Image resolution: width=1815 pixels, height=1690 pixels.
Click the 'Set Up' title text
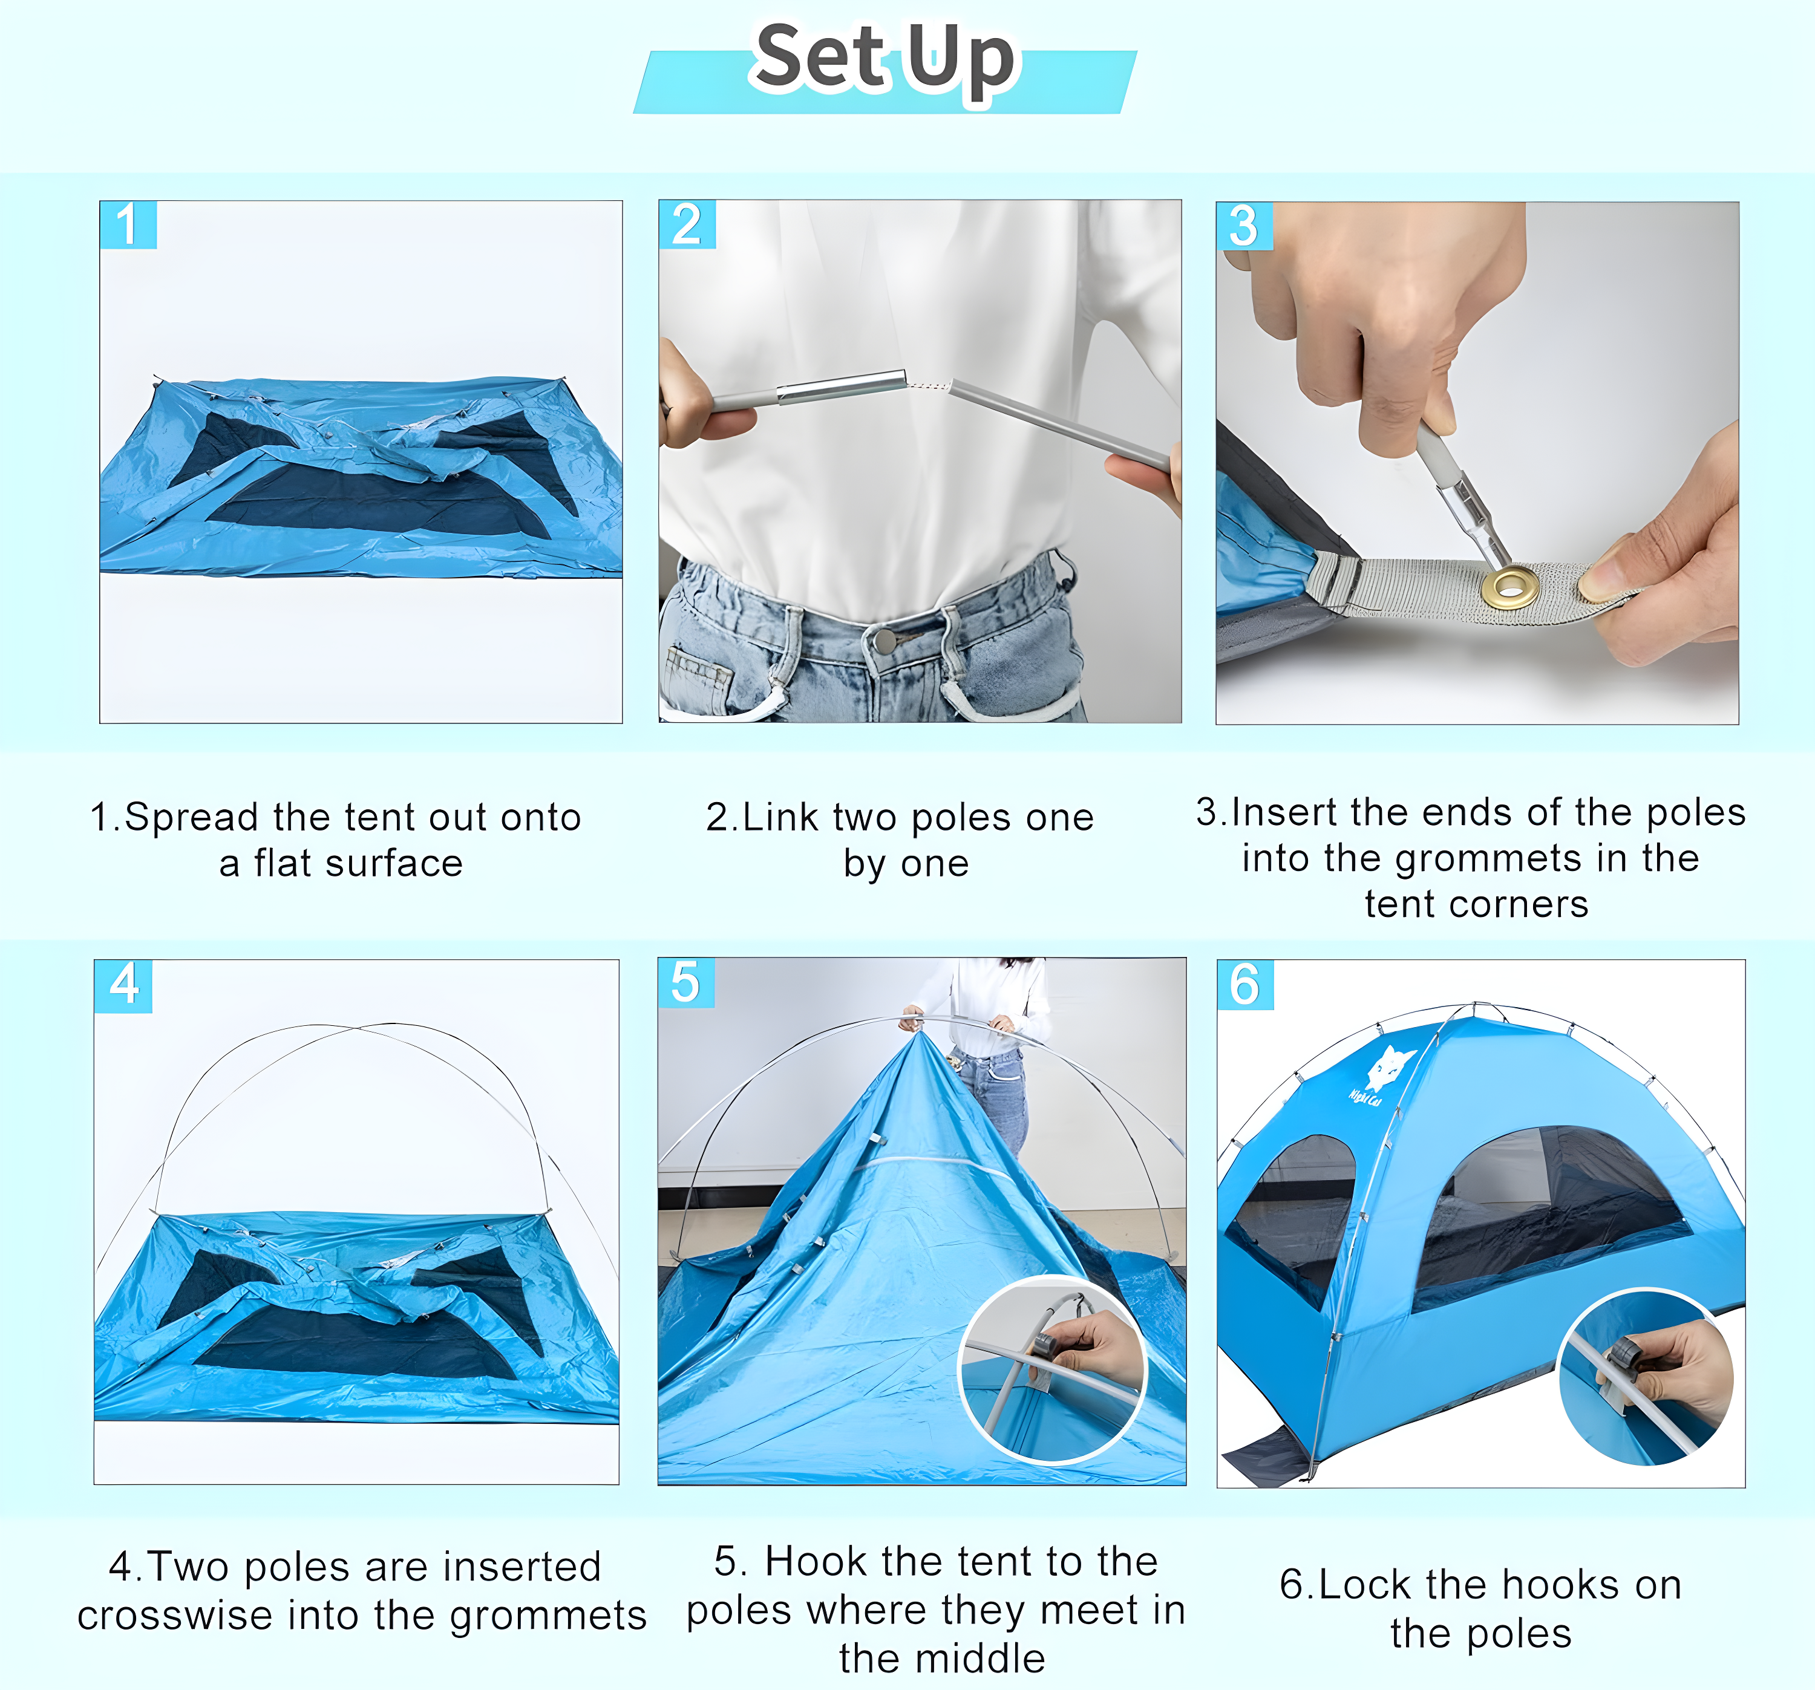pyautogui.click(x=884, y=59)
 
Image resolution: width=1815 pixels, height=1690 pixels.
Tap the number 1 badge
pyautogui.click(x=128, y=224)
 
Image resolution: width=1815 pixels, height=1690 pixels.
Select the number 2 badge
pyautogui.click(x=687, y=224)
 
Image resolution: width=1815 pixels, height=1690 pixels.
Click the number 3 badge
pyautogui.click(x=1243, y=226)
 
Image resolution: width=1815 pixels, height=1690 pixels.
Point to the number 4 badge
pyautogui.click(x=123, y=985)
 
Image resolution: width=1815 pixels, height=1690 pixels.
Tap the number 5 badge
pyautogui.click(x=685, y=984)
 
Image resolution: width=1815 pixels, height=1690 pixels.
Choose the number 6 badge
pyautogui.click(x=1244, y=985)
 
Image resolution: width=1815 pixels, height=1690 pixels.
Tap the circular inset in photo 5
pyautogui.click(x=1051, y=1369)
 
